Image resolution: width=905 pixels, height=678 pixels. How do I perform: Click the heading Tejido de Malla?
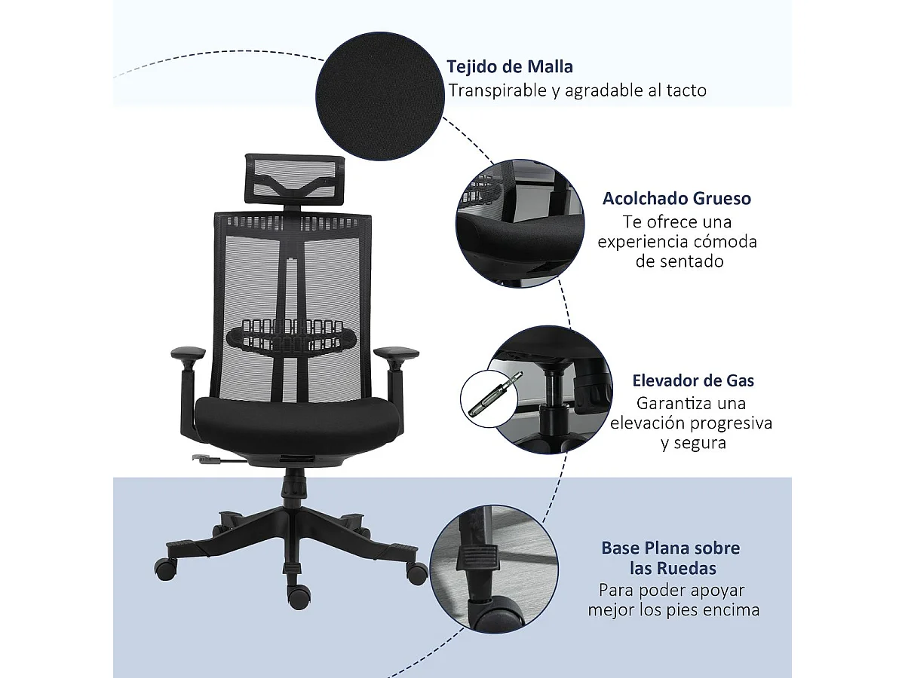click(510, 67)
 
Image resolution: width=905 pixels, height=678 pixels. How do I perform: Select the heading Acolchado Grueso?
click(676, 199)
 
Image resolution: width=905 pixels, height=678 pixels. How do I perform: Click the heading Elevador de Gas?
click(693, 380)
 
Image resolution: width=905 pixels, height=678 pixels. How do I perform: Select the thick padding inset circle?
click(520, 223)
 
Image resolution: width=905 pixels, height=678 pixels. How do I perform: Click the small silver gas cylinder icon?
click(491, 390)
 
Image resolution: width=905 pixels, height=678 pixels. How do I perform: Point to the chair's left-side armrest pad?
click(188, 353)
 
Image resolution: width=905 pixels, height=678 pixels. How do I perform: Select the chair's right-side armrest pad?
click(396, 353)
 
